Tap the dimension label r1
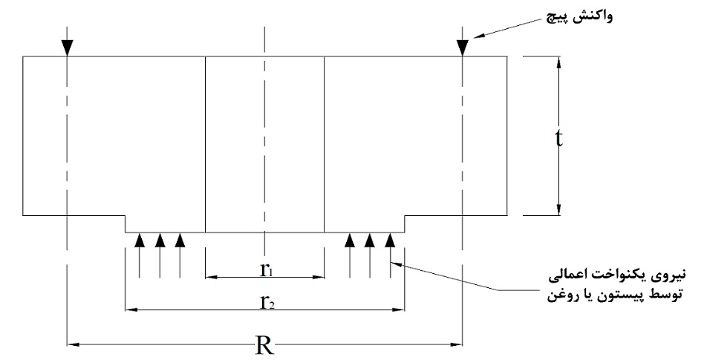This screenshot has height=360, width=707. coord(265,270)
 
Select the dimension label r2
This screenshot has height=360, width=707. coord(265,302)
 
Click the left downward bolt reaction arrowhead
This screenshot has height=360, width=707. coord(67,48)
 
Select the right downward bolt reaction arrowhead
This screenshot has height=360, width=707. coord(462,48)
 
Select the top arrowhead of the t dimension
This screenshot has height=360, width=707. coord(558,63)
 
